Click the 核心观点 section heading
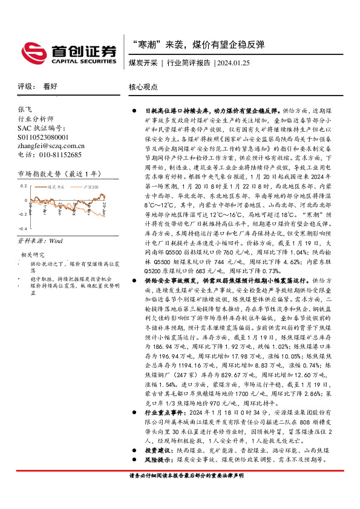point(143,87)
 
